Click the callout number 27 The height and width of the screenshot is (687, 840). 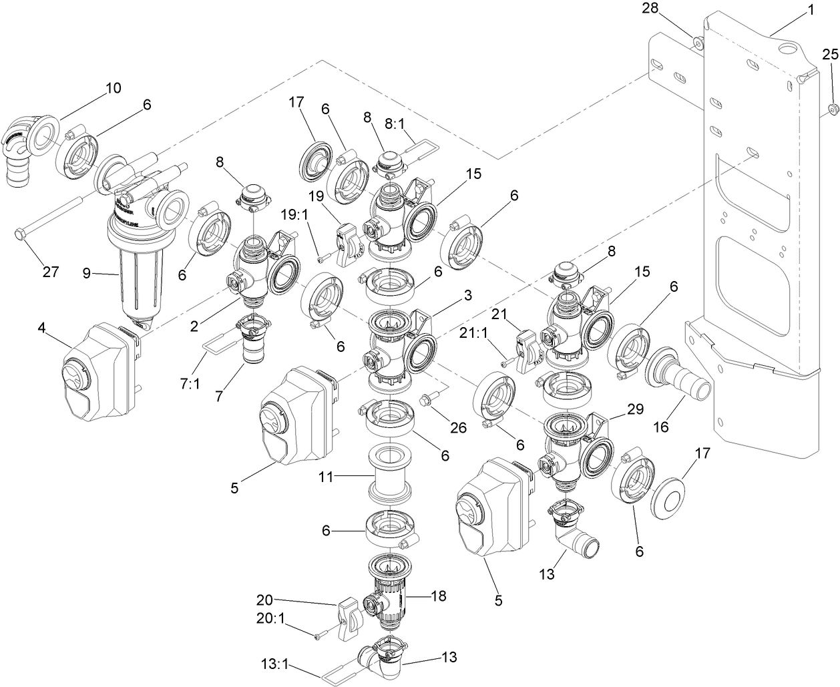point(51,272)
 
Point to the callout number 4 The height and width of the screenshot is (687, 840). point(41,327)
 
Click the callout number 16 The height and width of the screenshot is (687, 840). point(660,427)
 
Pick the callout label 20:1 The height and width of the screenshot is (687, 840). point(270,618)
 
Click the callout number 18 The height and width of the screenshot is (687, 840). point(438,596)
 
